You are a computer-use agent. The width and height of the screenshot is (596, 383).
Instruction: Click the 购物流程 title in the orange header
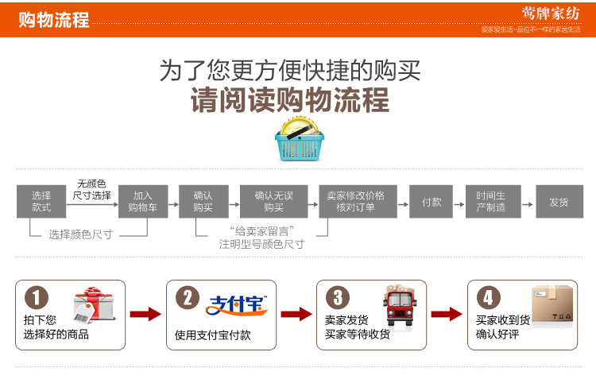[x=53, y=19]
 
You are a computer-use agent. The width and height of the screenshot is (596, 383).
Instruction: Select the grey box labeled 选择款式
[x=41, y=201]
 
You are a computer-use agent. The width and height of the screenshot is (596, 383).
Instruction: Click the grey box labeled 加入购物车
[x=142, y=201]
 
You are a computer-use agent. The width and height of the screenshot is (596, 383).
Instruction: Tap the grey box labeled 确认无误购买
[x=273, y=201]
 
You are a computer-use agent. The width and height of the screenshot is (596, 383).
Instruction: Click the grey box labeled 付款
[x=432, y=201]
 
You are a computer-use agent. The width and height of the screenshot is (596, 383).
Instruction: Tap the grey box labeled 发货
[x=559, y=201]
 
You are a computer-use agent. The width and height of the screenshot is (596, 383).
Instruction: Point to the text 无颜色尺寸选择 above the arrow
[x=92, y=189]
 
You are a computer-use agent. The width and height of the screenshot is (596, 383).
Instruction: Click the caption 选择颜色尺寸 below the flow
[x=80, y=234]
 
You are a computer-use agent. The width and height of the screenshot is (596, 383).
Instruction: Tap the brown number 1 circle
[x=37, y=299]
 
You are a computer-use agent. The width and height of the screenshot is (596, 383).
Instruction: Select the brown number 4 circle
[x=488, y=299]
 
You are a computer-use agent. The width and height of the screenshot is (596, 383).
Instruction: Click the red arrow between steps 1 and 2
[x=145, y=314]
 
